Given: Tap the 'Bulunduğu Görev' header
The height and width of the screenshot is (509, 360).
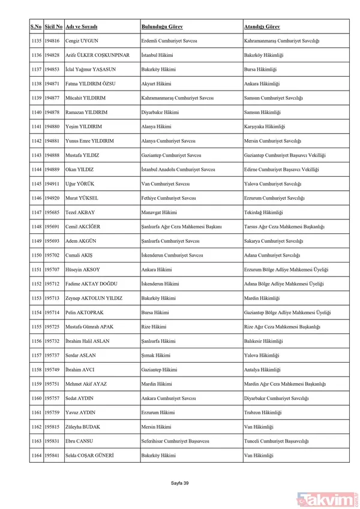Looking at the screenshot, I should [x=162, y=27].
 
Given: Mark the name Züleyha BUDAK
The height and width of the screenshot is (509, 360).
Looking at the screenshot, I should [x=83, y=428].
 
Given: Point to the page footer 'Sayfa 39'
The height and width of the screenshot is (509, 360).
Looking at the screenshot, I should [x=180, y=483].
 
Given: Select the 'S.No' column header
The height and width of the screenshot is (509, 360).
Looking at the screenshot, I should [x=36, y=27].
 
